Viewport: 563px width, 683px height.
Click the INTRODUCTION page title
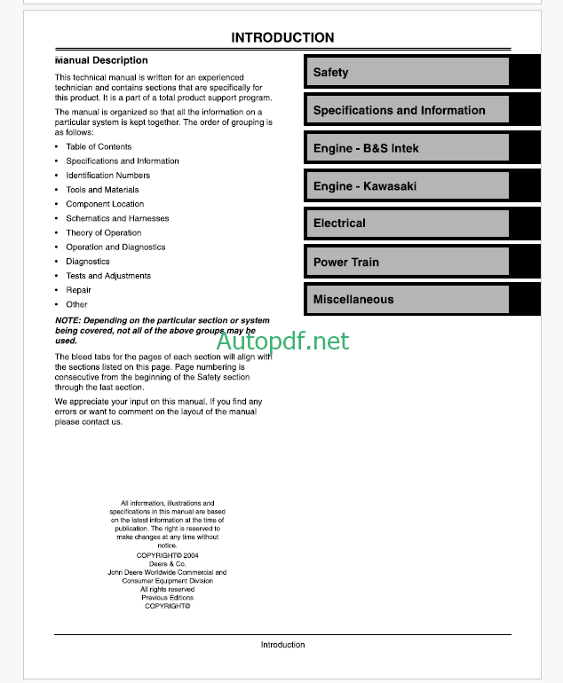[282, 38]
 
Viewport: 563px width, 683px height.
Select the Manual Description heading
[102, 60]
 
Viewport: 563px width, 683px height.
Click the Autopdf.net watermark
[282, 341]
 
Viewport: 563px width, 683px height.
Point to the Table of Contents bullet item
[99, 147]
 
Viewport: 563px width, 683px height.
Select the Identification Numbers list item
[107, 176]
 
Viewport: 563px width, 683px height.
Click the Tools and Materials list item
[102, 190]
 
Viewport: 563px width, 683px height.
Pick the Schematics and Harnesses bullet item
[117, 218]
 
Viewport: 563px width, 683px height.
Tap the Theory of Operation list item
[103, 232]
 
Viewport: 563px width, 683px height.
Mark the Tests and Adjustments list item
[108, 276]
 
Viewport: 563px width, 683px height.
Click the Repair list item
[78, 290]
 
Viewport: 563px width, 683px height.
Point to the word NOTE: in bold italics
[67, 320]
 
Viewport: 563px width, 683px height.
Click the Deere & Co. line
[167, 563]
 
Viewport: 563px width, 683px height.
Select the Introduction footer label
[282, 645]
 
